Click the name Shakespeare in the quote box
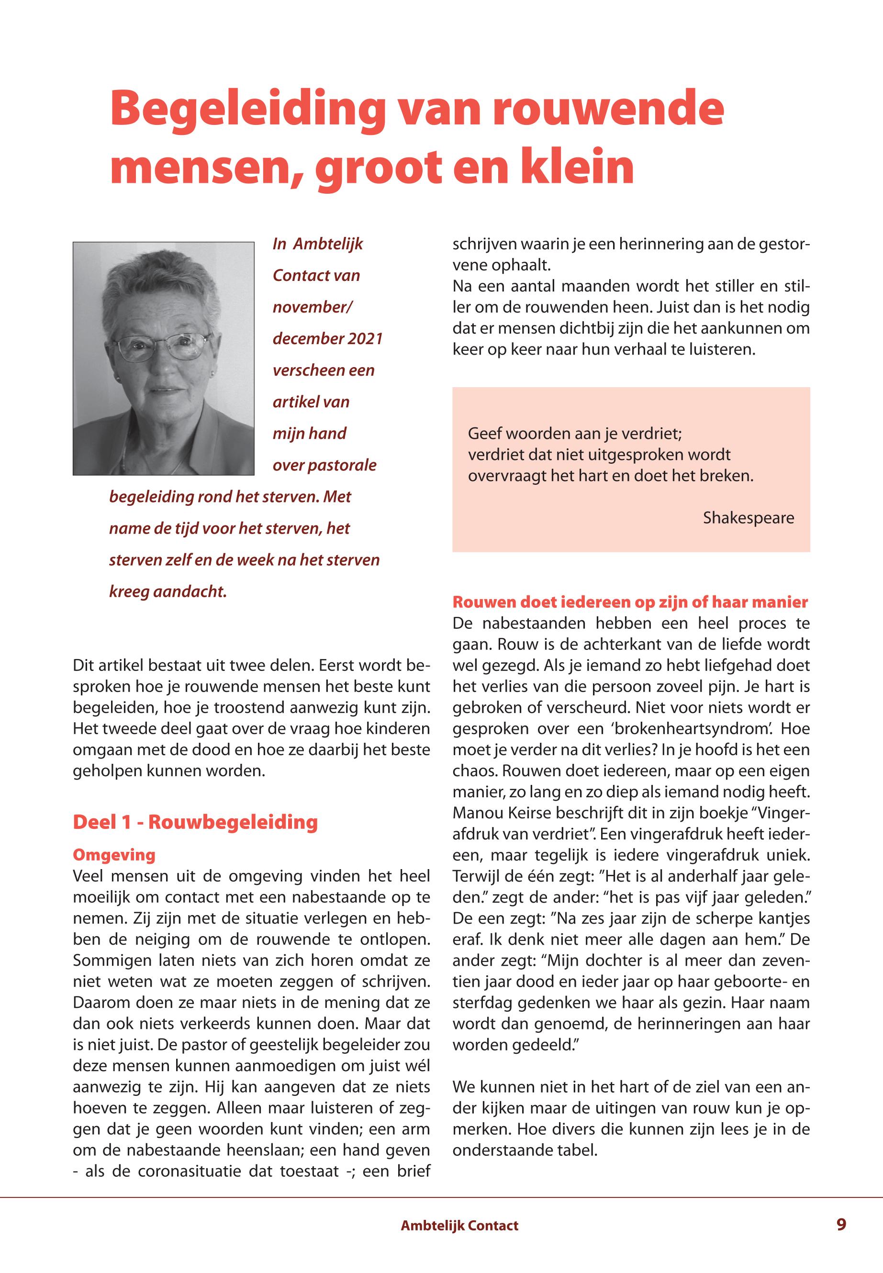[x=748, y=518]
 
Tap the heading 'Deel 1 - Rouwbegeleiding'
[x=195, y=822]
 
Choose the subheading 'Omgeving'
[x=114, y=855]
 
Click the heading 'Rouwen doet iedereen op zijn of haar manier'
[x=630, y=602]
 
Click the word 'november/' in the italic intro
[x=312, y=307]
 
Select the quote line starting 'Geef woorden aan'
[x=575, y=433]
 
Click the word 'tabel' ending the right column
[x=577, y=1151]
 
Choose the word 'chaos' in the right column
[x=474, y=771]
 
